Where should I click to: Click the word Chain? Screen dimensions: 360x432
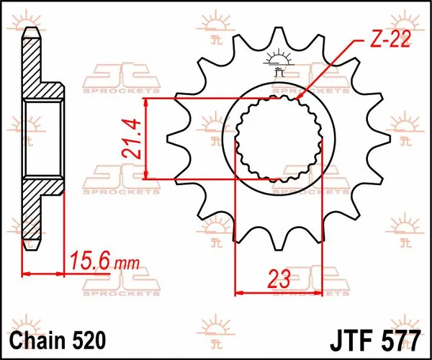tap(40, 338)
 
